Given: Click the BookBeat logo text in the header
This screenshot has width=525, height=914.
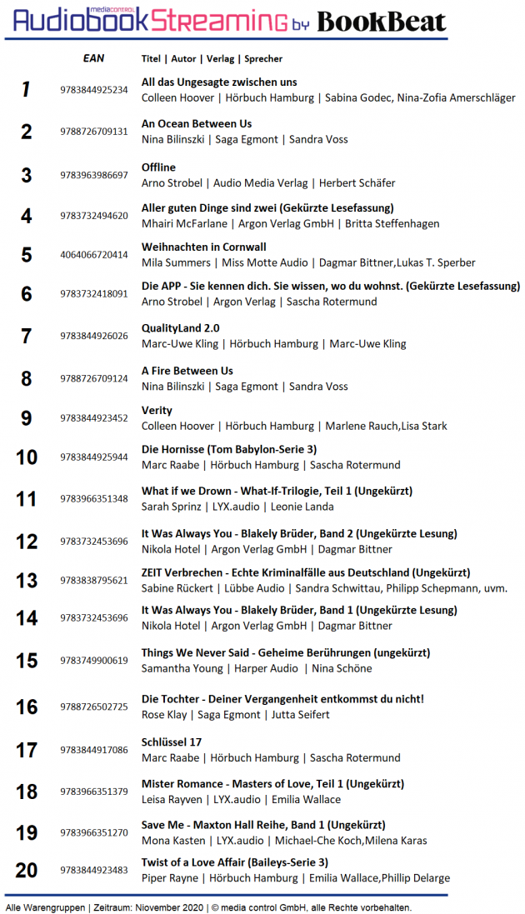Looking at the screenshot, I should pyautogui.click(x=382, y=22).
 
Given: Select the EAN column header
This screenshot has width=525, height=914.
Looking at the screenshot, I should pyautogui.click(x=93, y=58).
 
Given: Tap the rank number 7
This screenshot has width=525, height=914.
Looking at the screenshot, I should pyautogui.click(x=27, y=337).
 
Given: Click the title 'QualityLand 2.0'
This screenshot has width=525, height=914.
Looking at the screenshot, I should pyautogui.click(x=181, y=328).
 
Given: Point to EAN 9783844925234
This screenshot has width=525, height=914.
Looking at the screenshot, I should pyautogui.click(x=94, y=90).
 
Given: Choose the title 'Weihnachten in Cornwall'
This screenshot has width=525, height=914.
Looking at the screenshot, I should pyautogui.click(x=204, y=247).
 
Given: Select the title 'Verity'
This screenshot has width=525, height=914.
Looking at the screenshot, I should pyautogui.click(x=157, y=411).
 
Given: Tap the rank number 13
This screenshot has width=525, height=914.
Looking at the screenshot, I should pyautogui.click(x=27, y=581).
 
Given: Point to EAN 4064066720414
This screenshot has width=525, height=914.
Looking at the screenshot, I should pyautogui.click(x=94, y=255).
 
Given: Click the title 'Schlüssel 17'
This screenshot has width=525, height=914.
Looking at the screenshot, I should pyautogui.click(x=172, y=742).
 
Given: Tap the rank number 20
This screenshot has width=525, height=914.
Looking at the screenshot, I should pyautogui.click(x=27, y=870).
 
